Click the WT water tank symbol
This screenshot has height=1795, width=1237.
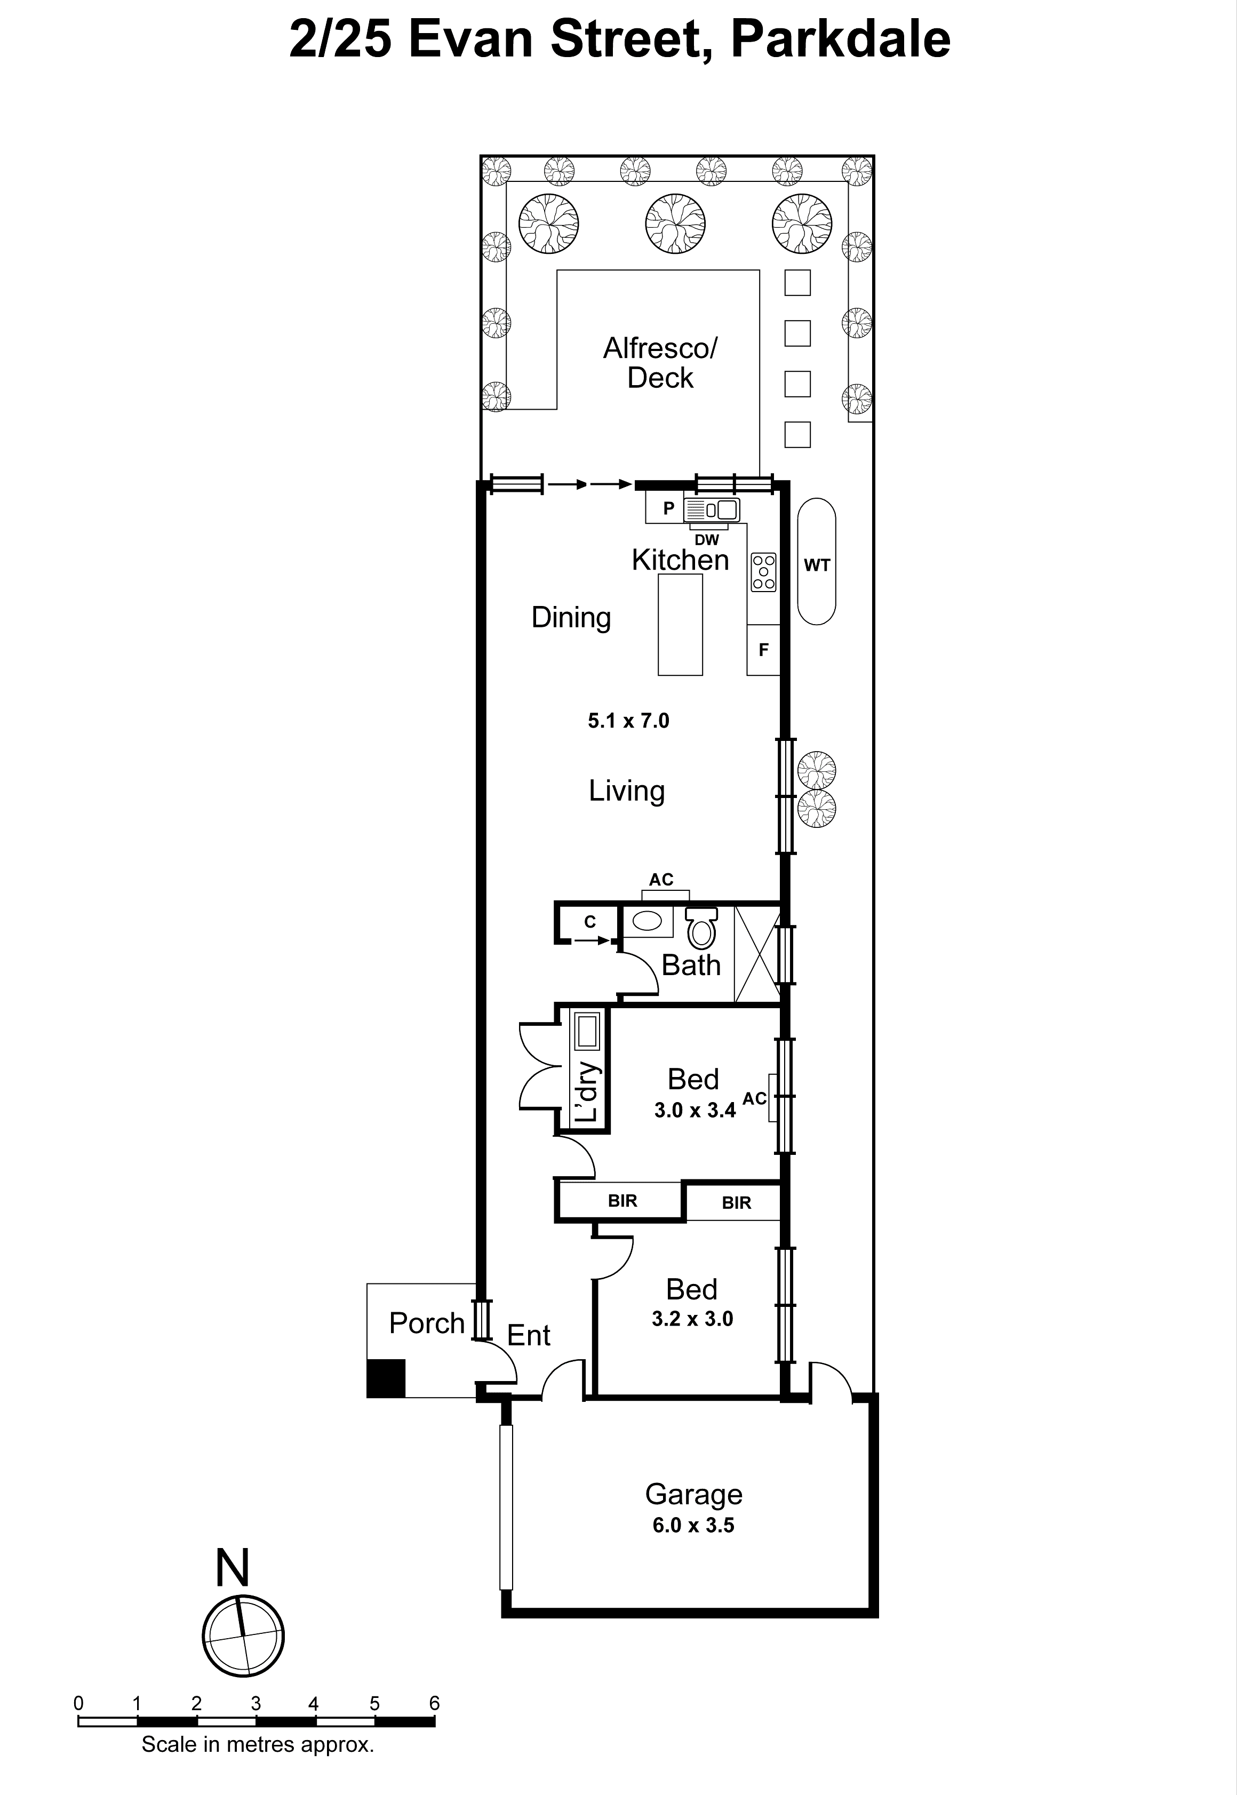(816, 561)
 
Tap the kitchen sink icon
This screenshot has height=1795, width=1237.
(712, 510)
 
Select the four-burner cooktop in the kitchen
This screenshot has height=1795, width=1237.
(763, 572)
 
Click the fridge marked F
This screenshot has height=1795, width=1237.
(763, 650)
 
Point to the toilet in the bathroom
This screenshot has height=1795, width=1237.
(701, 929)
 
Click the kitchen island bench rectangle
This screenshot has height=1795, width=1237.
(680, 625)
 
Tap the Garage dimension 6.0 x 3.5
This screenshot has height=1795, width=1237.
(693, 1525)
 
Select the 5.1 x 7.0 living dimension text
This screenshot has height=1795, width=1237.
(628, 721)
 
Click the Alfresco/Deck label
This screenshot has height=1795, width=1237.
(660, 363)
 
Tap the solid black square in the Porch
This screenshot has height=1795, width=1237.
(386, 1379)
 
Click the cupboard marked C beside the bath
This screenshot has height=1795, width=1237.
(590, 922)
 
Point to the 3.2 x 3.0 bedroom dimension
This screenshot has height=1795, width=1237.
(692, 1318)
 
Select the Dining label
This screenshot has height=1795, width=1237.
(571, 618)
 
